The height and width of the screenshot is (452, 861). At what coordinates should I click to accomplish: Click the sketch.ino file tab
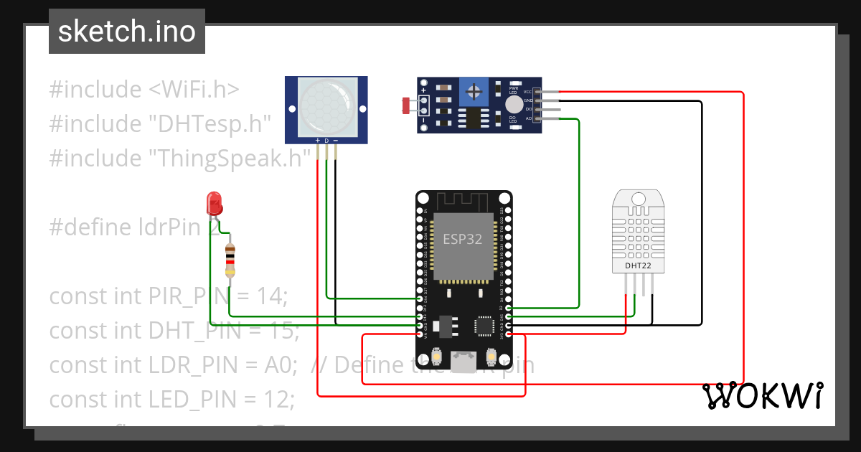[126, 32]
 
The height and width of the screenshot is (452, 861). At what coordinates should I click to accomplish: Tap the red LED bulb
[214, 203]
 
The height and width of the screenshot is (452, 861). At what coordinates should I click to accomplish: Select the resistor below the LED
[230, 260]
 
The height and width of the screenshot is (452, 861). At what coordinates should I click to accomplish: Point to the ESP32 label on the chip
[463, 239]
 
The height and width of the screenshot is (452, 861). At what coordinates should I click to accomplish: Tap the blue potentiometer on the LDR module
[473, 91]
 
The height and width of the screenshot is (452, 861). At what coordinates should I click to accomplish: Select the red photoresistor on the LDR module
[407, 106]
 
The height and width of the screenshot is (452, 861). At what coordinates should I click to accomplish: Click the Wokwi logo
[762, 395]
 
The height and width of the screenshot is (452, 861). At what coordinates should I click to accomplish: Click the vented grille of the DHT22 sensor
[637, 230]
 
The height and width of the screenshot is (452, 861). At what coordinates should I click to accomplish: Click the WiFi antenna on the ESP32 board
[464, 202]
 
